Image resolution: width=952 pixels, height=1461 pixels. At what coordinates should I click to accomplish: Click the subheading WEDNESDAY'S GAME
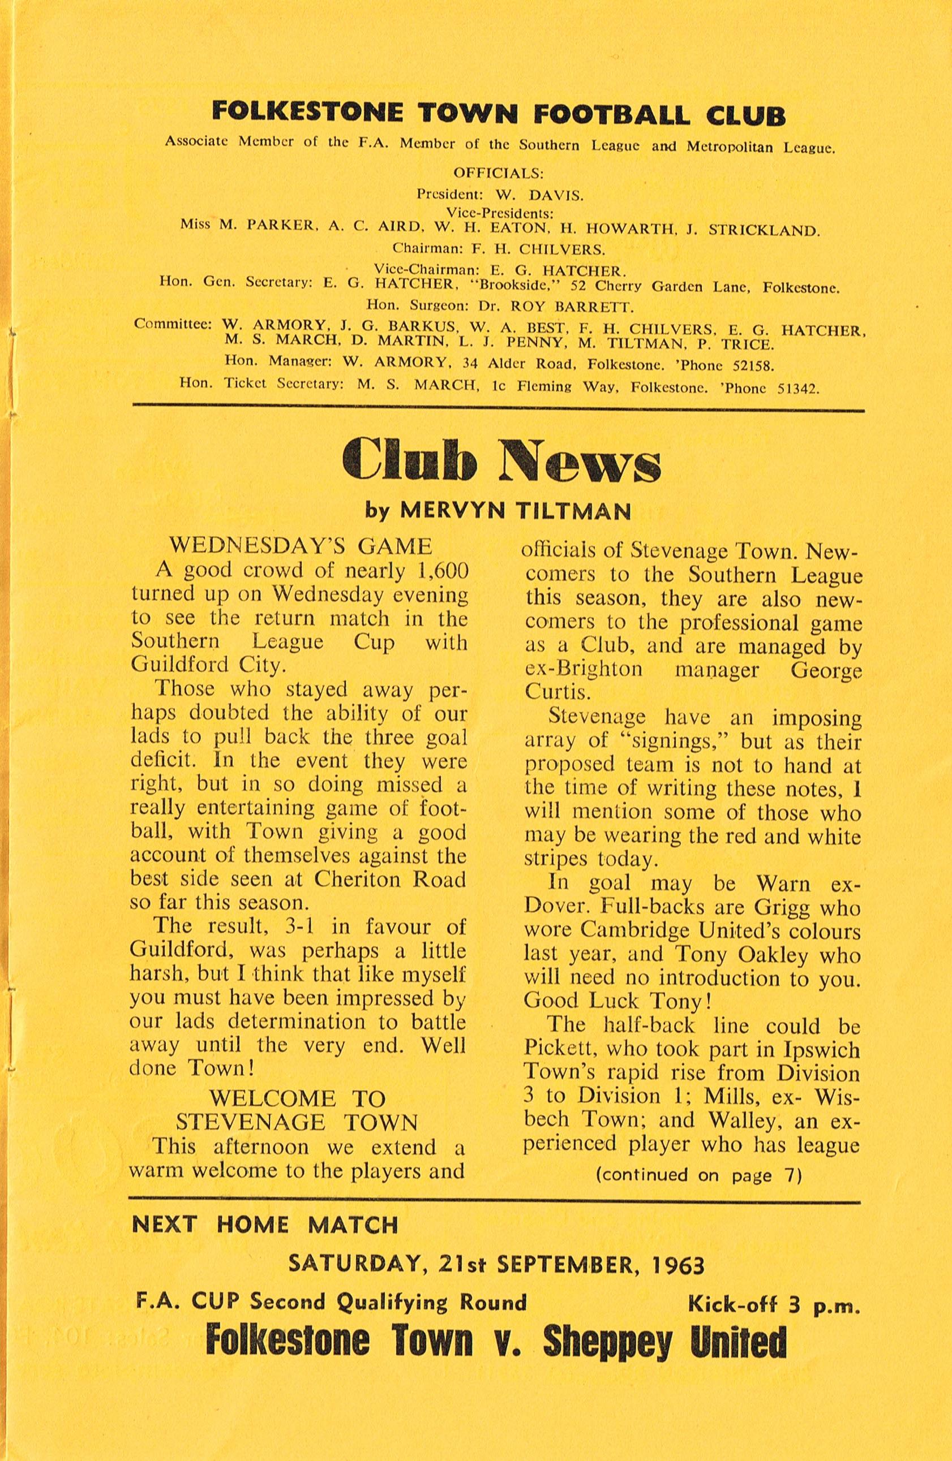[x=301, y=546]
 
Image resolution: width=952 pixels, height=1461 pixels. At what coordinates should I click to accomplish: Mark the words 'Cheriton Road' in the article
[x=389, y=879]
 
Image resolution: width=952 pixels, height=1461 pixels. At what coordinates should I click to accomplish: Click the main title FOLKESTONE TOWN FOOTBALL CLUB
[x=498, y=115]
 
